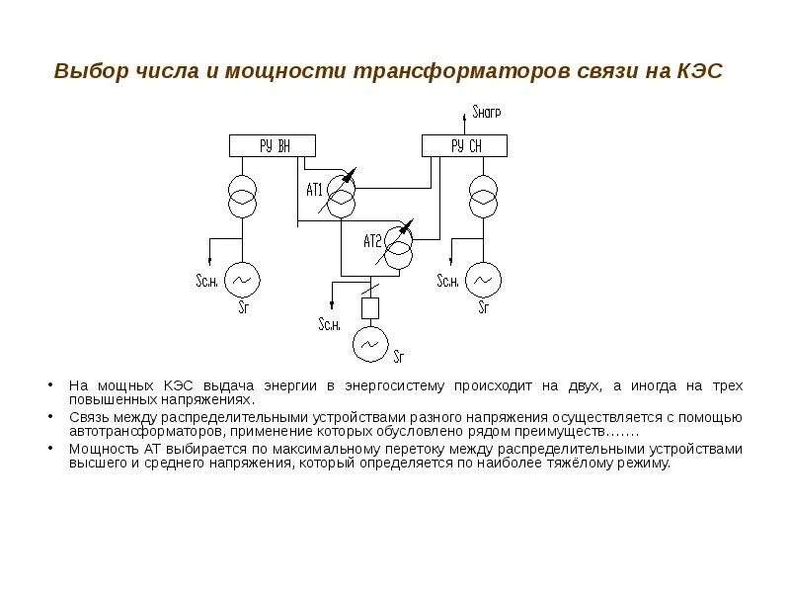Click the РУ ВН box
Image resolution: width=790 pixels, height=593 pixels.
274,146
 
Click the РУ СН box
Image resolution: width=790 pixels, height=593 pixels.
465,146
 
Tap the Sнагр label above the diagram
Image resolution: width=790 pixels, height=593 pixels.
487,113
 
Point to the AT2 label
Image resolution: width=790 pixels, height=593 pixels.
371,240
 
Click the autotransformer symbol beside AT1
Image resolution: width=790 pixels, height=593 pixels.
342,194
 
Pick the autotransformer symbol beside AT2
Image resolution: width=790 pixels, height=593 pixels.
399,244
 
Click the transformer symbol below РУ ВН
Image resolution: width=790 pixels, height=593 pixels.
243,195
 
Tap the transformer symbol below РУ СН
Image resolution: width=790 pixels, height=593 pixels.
484,195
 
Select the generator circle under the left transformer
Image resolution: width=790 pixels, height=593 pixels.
242,280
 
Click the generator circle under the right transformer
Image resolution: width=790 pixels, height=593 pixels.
484,280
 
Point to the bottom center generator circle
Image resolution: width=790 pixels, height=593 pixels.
369,344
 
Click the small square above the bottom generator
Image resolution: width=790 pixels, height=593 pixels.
369,307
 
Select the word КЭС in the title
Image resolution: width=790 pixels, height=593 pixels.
701,72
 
